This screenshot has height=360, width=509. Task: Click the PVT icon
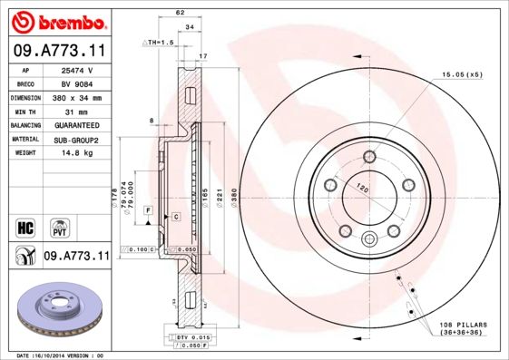pyautogui.click(x=57, y=227)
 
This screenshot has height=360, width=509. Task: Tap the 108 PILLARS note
pyautogui.click(x=465, y=325)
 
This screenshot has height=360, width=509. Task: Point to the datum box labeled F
pyautogui.click(x=147, y=210)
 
